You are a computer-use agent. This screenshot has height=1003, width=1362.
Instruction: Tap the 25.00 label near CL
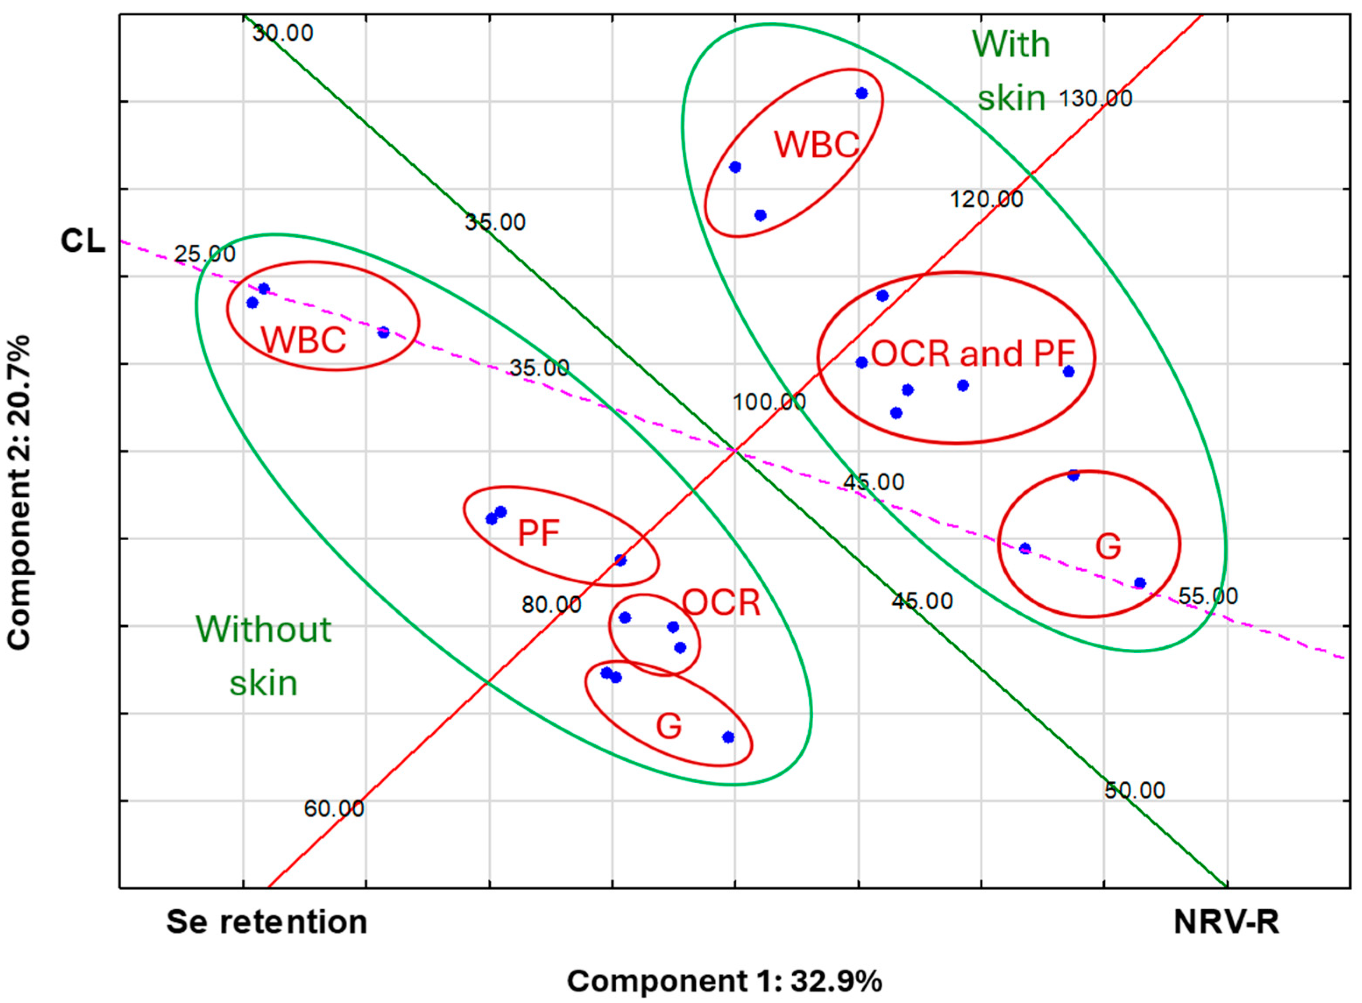click(205, 254)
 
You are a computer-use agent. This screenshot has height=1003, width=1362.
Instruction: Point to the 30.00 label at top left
click(283, 33)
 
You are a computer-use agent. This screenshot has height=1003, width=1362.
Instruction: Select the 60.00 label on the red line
click(334, 809)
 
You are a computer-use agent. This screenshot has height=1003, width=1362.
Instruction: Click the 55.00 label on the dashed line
click(1208, 596)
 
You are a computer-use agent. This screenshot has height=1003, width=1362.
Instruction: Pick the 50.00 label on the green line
click(1134, 791)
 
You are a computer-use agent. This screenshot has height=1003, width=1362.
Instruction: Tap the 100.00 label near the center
click(769, 402)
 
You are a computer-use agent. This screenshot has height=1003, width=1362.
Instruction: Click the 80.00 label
click(551, 605)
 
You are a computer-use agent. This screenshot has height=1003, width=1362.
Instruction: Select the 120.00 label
click(986, 199)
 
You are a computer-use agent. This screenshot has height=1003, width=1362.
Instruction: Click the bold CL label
click(83, 242)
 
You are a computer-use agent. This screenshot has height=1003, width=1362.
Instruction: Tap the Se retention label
click(267, 922)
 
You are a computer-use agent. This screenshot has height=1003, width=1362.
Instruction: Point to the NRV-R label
click(1226, 922)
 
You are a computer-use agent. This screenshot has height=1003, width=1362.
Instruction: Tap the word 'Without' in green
click(264, 630)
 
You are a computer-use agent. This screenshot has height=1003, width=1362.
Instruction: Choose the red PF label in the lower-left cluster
click(538, 533)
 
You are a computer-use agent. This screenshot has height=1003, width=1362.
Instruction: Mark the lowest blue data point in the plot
click(728, 738)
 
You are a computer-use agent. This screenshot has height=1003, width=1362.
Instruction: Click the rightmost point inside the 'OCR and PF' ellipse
click(1069, 372)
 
